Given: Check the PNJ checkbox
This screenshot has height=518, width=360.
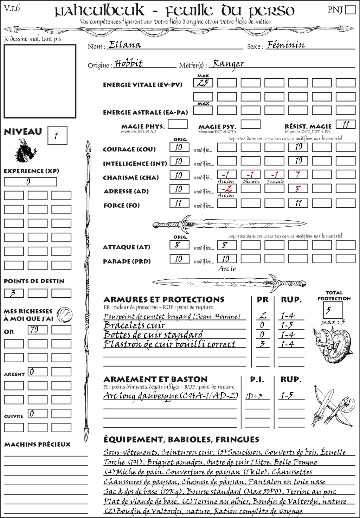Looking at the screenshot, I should (x=350, y=9).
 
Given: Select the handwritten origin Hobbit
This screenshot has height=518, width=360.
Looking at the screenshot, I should (x=129, y=64).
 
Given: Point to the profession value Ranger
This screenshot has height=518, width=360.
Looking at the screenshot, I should (x=229, y=64).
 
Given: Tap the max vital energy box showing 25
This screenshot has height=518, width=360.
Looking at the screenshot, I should (x=203, y=83).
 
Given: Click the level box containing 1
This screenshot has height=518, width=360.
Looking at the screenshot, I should (x=57, y=136).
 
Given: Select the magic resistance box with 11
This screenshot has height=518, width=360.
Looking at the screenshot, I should (x=346, y=124).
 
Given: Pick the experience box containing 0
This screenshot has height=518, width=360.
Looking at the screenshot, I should (x=30, y=182).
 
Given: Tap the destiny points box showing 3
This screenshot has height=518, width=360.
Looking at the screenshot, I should (x=14, y=293).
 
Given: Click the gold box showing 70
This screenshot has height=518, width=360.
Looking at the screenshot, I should (x=37, y=330).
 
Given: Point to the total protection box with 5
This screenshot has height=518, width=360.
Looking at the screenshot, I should (x=333, y=310).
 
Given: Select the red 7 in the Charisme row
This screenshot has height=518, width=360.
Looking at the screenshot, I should (x=298, y=174).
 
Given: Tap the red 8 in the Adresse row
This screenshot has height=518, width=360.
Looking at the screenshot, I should (x=298, y=188).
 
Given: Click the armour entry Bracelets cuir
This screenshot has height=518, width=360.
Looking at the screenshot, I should (x=134, y=325).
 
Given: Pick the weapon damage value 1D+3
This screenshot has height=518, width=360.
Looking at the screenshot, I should (x=254, y=396).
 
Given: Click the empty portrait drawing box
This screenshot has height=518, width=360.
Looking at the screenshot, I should (x=40, y=81).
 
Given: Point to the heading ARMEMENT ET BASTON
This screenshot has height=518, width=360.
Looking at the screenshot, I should (x=155, y=379).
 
